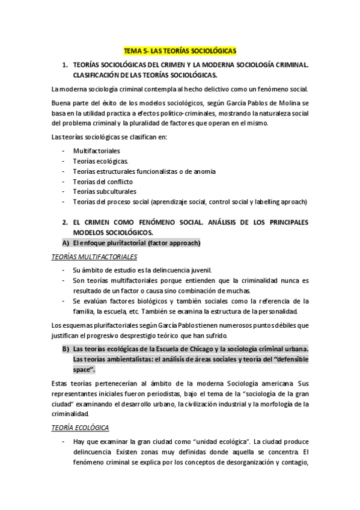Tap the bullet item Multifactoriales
click(96, 150)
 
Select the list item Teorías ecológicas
click(100, 161)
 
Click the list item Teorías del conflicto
click(103, 181)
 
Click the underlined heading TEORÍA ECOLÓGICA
click(80, 428)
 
